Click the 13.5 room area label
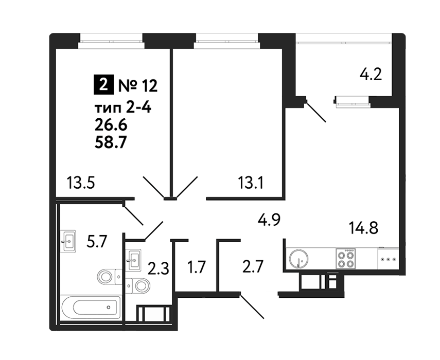81,183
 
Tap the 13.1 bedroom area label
250,183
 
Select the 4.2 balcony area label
371,75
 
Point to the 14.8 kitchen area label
363,227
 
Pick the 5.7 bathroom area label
96,242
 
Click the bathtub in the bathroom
91,308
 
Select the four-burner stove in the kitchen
345,259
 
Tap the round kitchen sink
298,258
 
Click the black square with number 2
103,84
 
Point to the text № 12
138,85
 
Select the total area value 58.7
109,142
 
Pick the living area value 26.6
111,125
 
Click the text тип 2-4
123,108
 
